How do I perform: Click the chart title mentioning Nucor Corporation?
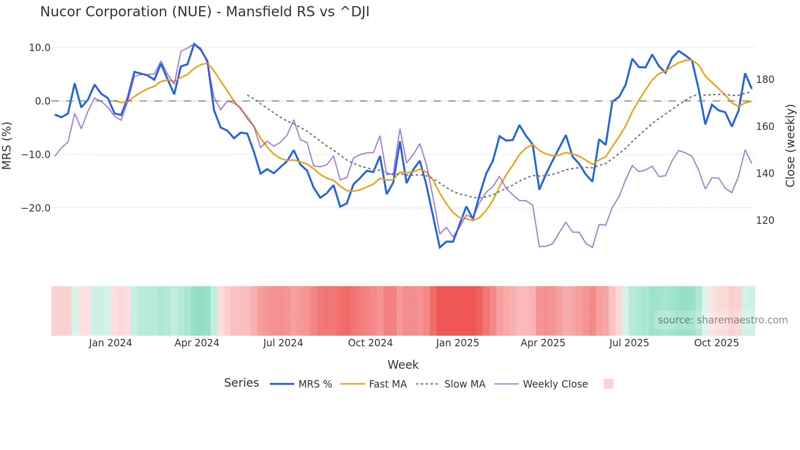[x=204, y=12]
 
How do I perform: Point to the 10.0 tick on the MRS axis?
[x=40, y=48]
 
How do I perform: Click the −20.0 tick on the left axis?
[x=36, y=208]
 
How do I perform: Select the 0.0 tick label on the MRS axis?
[x=43, y=101]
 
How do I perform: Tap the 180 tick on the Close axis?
[x=765, y=80]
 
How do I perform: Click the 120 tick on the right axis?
[x=765, y=221]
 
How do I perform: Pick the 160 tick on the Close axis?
[x=765, y=127]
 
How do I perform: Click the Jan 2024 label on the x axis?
[x=110, y=343]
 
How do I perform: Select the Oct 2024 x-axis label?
[x=370, y=343]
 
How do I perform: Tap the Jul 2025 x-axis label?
[x=629, y=343]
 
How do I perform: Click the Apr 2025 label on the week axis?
[x=543, y=343]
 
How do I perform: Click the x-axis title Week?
[x=403, y=365]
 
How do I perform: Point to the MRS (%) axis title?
[x=7, y=146]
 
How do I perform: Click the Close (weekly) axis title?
[x=791, y=146]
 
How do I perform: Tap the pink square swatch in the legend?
[x=608, y=384]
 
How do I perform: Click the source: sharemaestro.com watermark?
[x=722, y=320]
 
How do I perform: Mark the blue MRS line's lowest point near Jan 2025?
[x=440, y=247]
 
